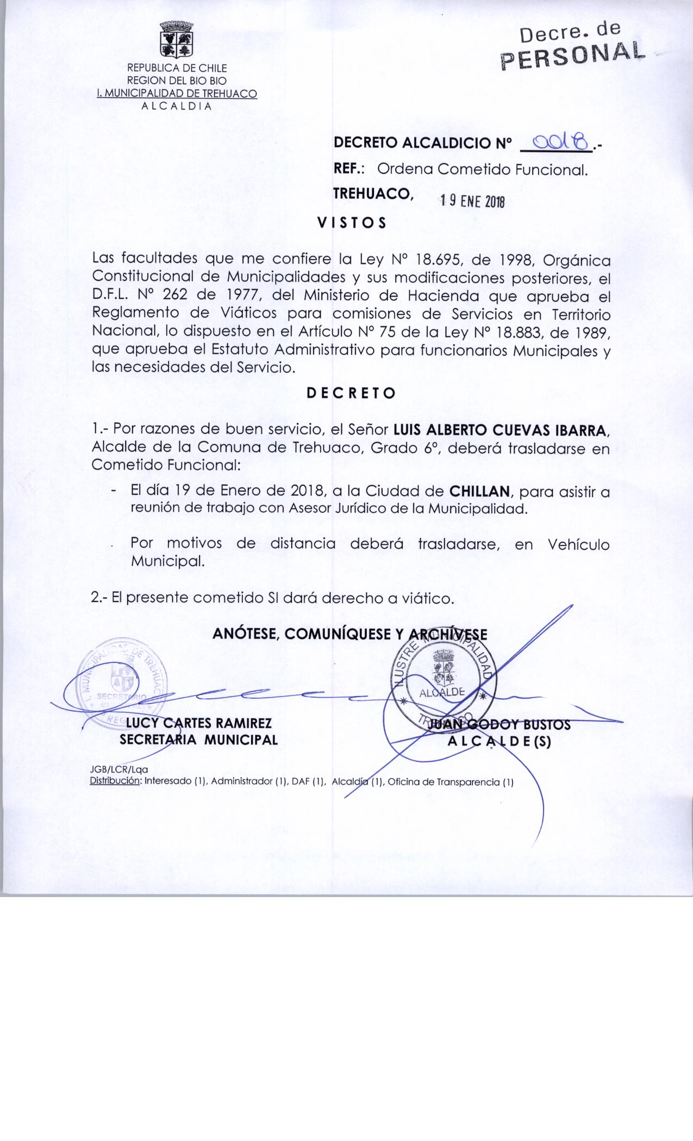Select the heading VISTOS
coord(352,223)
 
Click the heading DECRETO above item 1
coord(351,393)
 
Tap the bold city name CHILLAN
coord(480,492)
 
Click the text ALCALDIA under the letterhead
coord(176,106)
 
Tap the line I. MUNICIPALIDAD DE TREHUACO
coord(176,93)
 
